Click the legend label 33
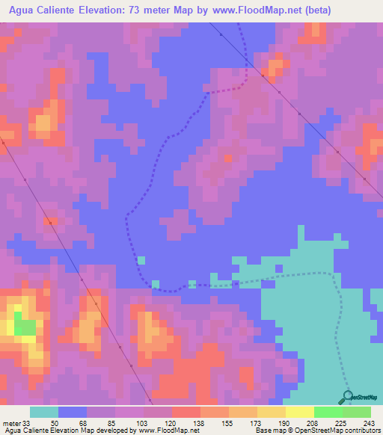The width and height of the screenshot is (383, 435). click(x=28, y=422)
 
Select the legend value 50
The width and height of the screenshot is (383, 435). click(x=64, y=422)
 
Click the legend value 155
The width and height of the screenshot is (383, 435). click(x=222, y=422)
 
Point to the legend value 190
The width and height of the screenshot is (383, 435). click(x=275, y=422)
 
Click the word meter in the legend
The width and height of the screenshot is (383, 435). click(x=11, y=422)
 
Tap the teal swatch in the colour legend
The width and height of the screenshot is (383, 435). click(x=44, y=412)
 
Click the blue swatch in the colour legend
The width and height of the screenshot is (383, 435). click(x=73, y=412)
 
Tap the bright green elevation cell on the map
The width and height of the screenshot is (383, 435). click(x=25, y=327)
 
